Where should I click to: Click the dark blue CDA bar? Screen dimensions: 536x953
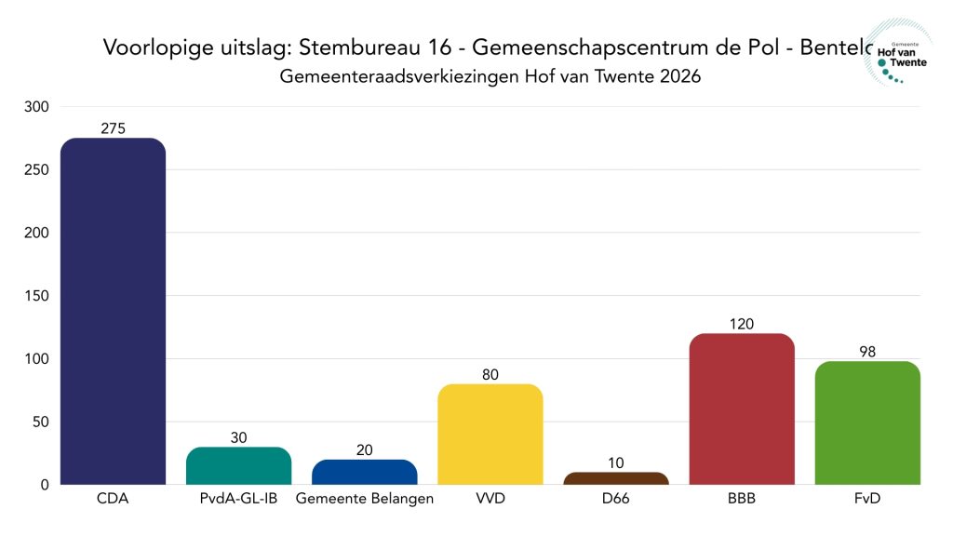pos(113,311)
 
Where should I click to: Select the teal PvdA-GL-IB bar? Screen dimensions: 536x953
pos(238,465)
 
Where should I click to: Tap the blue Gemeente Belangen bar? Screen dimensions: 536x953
pos(364,472)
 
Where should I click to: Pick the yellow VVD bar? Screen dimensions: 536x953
pos(490,434)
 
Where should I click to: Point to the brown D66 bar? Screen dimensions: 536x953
pos(616,478)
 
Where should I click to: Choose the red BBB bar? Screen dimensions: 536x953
pos(742,409)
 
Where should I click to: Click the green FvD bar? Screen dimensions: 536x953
pos(867,422)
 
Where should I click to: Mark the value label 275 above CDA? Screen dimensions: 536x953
pos(113,128)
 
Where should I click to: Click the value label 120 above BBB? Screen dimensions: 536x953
pos(742,324)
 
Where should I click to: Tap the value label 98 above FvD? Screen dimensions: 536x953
pos(867,352)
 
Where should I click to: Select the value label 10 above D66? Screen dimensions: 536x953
pos(616,462)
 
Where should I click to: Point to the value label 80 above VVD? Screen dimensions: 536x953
pos(490,374)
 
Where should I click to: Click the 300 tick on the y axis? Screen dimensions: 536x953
pos(37,106)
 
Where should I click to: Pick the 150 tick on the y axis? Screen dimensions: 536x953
pos(37,296)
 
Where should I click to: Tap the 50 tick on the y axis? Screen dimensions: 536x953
pos(41,422)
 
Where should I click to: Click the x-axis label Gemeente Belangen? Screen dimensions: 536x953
pos(364,499)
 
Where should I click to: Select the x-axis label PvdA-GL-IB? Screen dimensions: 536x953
pos(238,499)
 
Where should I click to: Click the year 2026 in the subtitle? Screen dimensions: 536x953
pos(679,77)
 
